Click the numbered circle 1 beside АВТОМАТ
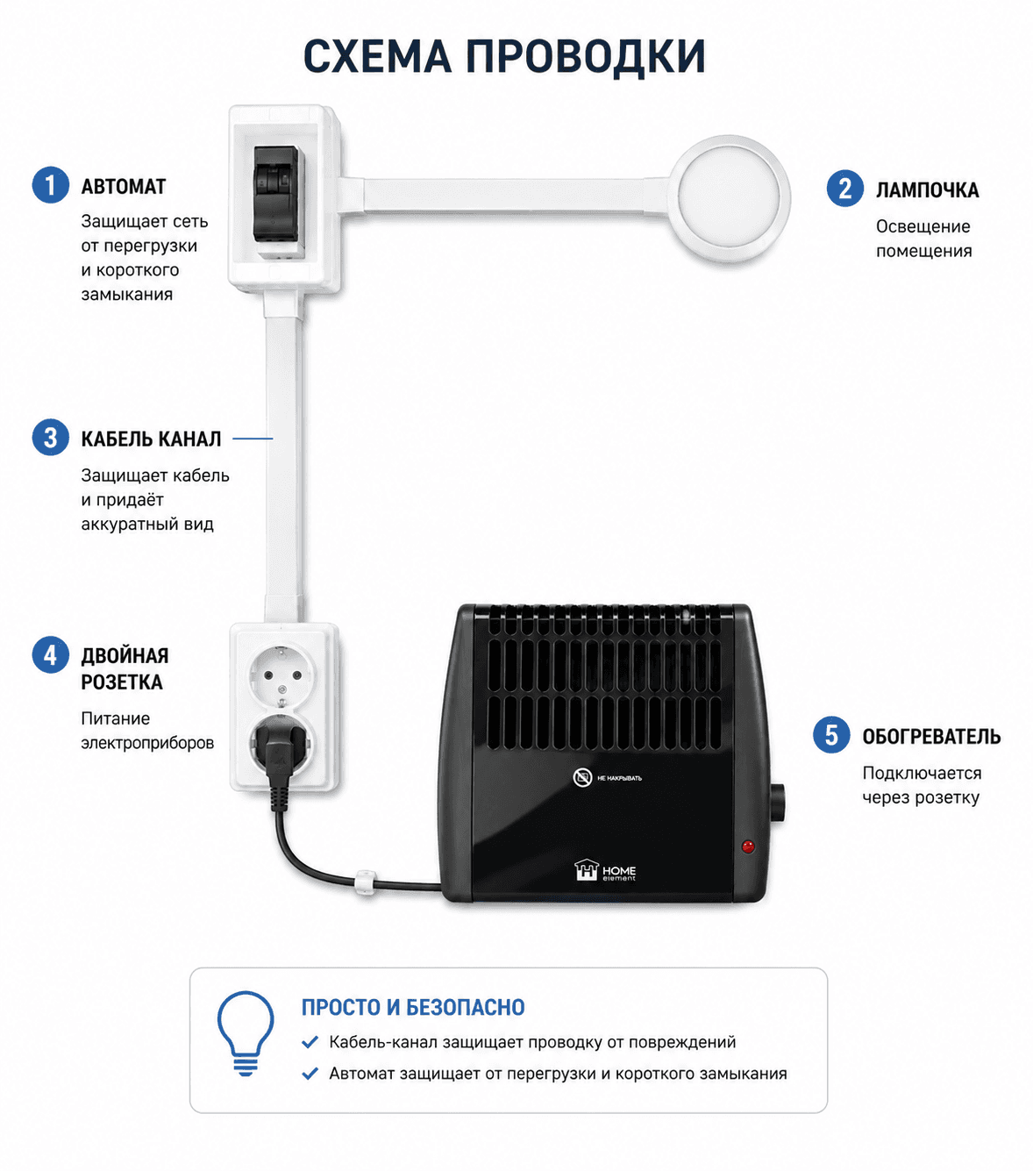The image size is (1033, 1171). pyautogui.click(x=50, y=185)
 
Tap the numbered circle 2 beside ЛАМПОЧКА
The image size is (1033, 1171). pyautogui.click(x=844, y=189)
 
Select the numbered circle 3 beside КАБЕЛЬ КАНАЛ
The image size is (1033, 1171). pyautogui.click(x=50, y=438)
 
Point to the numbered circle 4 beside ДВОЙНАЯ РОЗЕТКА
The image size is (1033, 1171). pyautogui.click(x=50, y=655)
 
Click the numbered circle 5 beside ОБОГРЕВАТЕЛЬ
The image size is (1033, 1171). pyautogui.click(x=831, y=735)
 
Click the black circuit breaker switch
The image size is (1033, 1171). pyautogui.click(x=276, y=194)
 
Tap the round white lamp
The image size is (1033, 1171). pyautogui.click(x=729, y=196)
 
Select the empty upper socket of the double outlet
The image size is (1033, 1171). pyautogui.click(x=282, y=674)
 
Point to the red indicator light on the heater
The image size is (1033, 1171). pyautogui.click(x=748, y=846)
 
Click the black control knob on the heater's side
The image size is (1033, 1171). pyautogui.click(x=777, y=803)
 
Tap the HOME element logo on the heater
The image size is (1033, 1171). pyautogui.click(x=605, y=870)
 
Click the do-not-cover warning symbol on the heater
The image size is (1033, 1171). pyautogui.click(x=582, y=777)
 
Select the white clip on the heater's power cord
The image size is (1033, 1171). pyautogui.click(x=366, y=882)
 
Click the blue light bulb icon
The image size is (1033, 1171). pyautogui.click(x=246, y=1033)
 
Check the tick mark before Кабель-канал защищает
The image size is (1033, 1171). pyautogui.click(x=310, y=1042)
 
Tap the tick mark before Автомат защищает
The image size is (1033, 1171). pyautogui.click(x=310, y=1074)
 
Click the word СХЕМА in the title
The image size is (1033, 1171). pyautogui.click(x=377, y=56)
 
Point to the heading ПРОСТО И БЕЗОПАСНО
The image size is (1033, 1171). pyautogui.click(x=413, y=1007)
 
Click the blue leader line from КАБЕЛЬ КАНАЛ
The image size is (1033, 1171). pyautogui.click(x=253, y=439)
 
